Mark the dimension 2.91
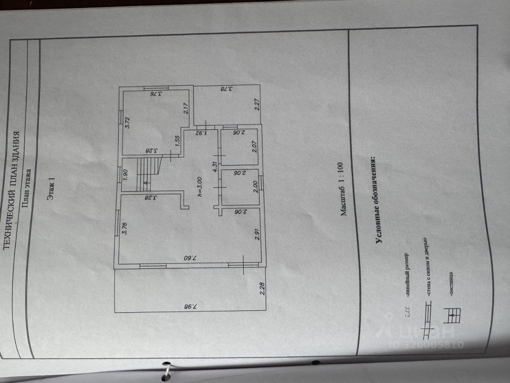pyautogui.click(x=257, y=234)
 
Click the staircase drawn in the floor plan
pyautogui.click(x=147, y=175)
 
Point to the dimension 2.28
pyautogui.click(x=263, y=288)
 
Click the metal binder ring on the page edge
pyautogui.click(x=167, y=369)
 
